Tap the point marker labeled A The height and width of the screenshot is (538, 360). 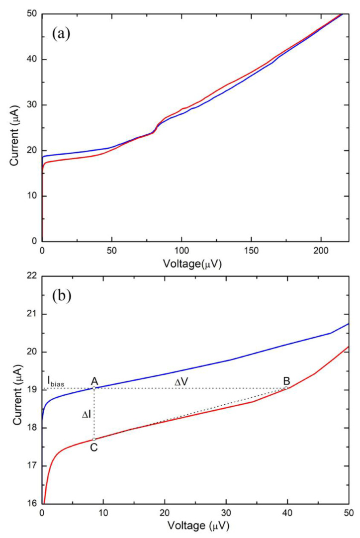(94, 388)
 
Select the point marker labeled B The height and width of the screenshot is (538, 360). (286, 388)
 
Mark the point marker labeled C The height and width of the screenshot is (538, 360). (94, 439)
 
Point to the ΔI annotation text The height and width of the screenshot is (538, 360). (86, 413)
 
